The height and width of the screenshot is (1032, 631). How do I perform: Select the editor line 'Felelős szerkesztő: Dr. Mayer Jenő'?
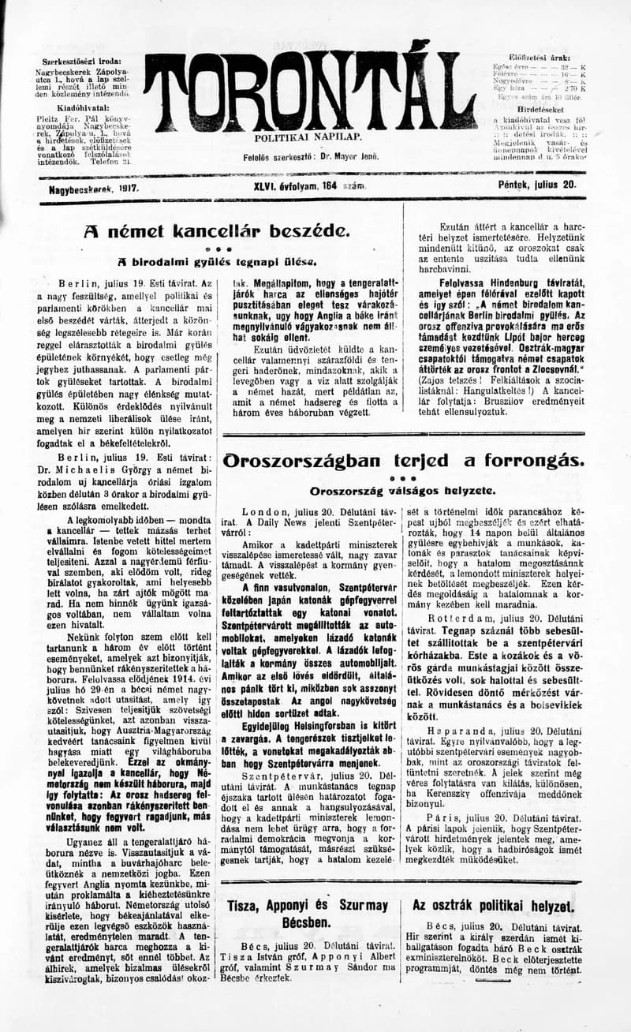pos(311,157)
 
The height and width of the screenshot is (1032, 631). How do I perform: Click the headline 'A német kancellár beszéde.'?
pos(215,231)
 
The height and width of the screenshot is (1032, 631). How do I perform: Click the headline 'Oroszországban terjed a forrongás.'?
pos(404,461)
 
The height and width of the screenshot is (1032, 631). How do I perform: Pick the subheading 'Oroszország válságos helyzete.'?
pos(402,491)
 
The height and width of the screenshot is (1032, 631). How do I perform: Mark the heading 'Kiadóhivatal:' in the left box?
pos(76,103)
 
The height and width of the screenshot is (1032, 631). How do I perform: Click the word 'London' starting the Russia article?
pos(266,512)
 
